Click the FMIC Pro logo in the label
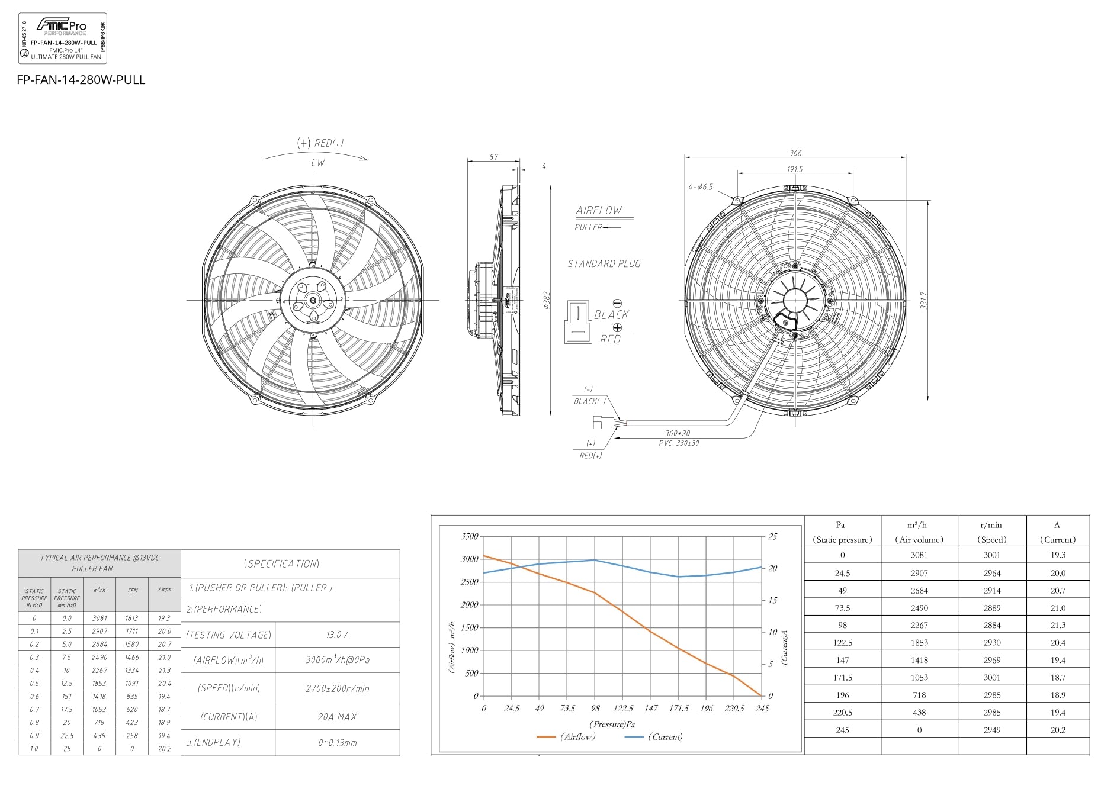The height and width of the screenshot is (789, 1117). coord(62,26)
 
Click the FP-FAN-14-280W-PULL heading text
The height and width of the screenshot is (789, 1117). coord(81,80)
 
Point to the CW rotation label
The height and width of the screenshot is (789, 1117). coord(318,163)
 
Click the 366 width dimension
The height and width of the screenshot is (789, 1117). coord(795,153)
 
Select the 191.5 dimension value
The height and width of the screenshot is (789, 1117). coord(795,169)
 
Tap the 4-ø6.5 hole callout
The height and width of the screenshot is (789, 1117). coord(700,187)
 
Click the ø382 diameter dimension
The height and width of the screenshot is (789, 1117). coord(547,300)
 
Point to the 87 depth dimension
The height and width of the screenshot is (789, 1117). coord(493,157)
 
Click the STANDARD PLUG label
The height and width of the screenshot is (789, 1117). coord(604,264)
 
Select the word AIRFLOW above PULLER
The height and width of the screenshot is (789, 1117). coord(599,211)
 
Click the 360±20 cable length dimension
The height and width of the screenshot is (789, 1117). coord(677,433)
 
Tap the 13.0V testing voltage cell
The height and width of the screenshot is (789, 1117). coord(337,635)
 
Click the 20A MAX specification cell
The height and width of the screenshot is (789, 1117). coord(337,717)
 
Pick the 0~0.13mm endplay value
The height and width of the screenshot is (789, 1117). coord(337,743)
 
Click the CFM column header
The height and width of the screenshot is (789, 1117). coord(133,590)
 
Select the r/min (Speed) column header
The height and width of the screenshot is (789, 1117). coord(991,532)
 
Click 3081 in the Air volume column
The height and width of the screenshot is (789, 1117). coord(919,555)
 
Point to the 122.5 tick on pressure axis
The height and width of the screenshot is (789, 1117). coord(623,709)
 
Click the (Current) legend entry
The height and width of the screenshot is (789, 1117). coord(665,737)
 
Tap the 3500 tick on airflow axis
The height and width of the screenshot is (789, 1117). coord(469,536)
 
